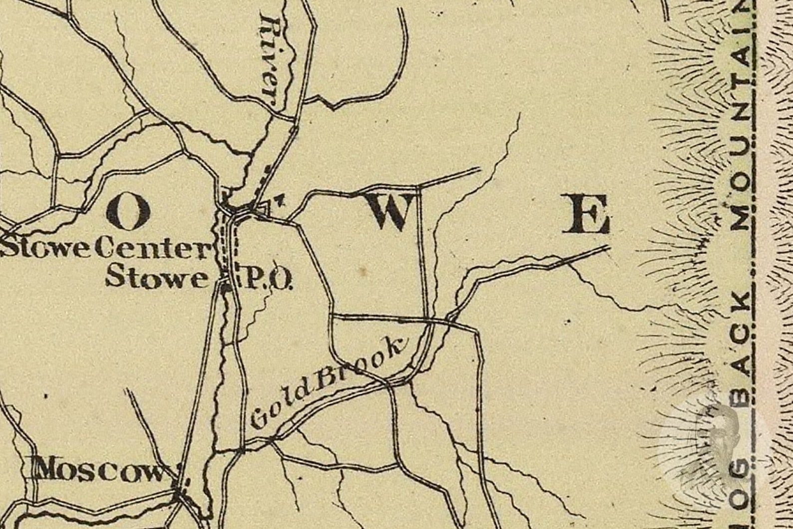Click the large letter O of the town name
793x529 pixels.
pyautogui.click(x=129, y=211)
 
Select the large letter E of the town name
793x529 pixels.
pyautogui.click(x=586, y=215)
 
